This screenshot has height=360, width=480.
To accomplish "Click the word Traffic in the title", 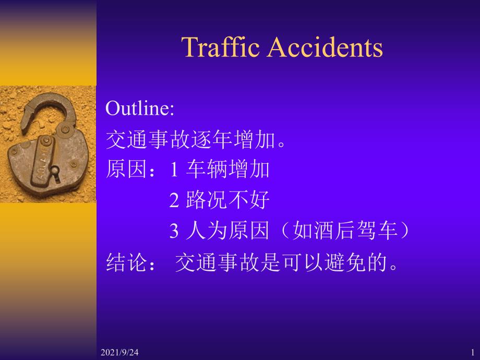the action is click(220, 47).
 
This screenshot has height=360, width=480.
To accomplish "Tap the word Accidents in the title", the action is click(325, 47).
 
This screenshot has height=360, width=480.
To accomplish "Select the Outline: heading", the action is click(140, 108).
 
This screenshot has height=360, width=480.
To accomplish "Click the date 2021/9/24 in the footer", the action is click(119, 352).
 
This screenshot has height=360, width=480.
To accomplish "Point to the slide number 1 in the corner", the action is click(473, 352).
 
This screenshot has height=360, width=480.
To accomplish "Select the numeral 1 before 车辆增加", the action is click(174, 169).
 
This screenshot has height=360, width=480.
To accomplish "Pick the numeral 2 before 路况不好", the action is click(174, 200).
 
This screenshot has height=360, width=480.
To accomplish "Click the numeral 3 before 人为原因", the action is click(174, 231).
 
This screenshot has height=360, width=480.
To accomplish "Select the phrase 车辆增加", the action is click(228, 169).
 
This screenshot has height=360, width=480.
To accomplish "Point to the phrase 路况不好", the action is click(228, 200).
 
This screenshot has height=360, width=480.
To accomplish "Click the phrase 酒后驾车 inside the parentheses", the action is click(356, 230).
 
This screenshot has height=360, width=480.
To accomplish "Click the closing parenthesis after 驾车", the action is click(404, 230).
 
